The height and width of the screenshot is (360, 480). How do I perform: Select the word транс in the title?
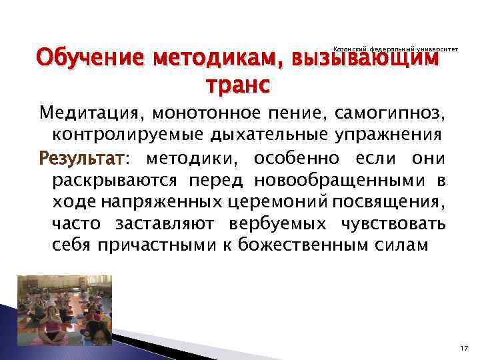pyautogui.click(x=239, y=86)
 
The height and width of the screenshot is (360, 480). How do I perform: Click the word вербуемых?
pyautogui.click(x=293, y=223)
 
